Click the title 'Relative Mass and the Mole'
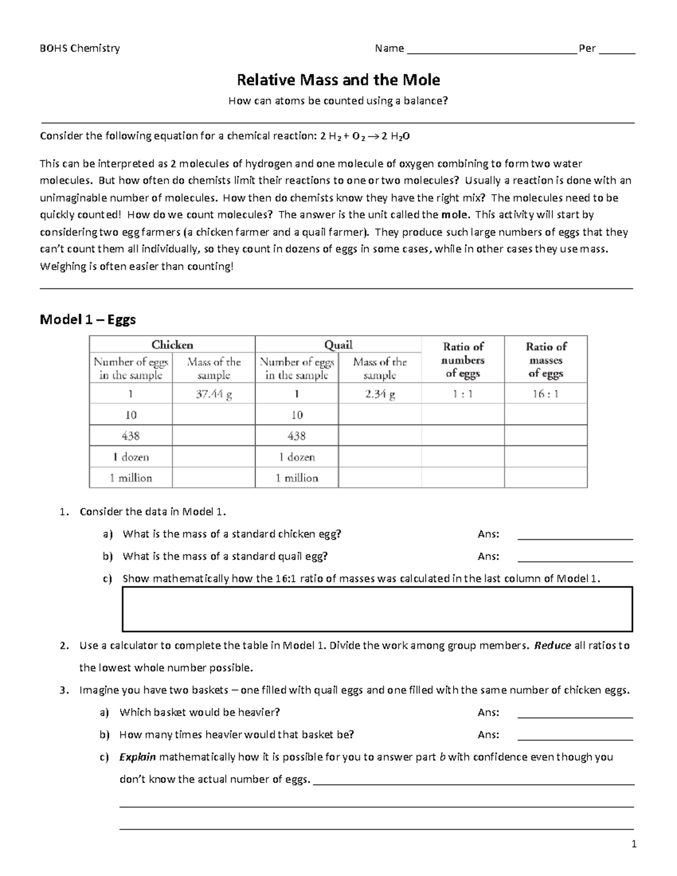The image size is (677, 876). click(338, 80)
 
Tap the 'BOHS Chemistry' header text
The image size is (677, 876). click(80, 49)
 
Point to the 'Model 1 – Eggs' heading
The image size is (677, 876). click(87, 320)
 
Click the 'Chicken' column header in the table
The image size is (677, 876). click(172, 345)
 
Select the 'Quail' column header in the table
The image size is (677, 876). click(338, 345)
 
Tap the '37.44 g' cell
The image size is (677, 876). click(214, 394)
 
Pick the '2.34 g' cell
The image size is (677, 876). click(380, 394)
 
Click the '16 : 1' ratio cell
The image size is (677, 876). click(546, 394)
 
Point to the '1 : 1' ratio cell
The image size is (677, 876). click(463, 394)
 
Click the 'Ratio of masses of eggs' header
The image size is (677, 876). click(546, 360)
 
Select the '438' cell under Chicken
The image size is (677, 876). click(131, 436)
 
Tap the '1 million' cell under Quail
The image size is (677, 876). click(297, 478)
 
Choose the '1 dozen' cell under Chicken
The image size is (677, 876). click(131, 457)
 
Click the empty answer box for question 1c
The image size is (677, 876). click(377, 609)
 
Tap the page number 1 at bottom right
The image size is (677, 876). click(634, 844)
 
